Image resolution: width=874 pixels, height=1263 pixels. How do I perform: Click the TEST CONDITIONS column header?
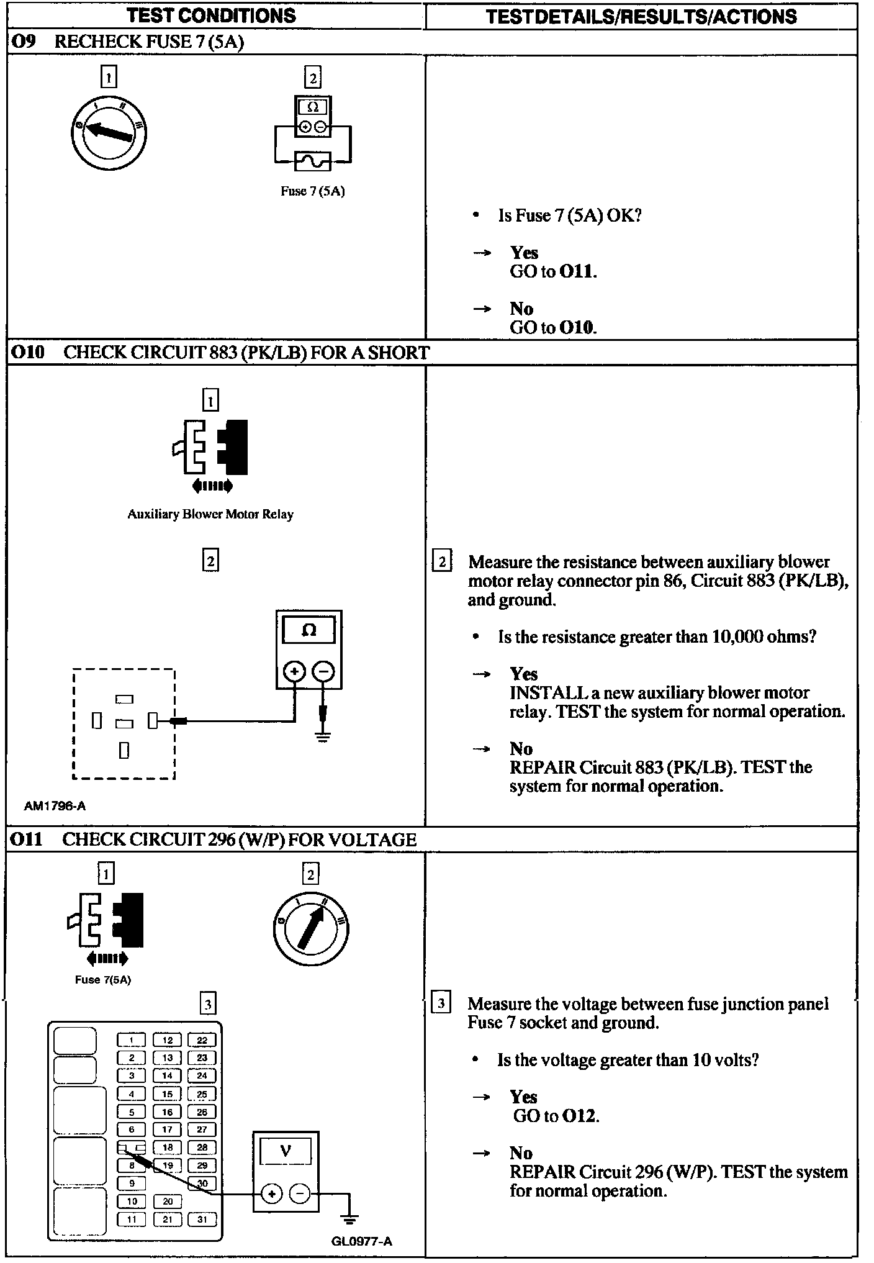point(212,16)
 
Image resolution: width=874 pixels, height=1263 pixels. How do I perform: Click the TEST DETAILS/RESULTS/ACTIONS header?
point(641,16)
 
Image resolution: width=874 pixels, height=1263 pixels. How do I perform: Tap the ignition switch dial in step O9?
point(109,132)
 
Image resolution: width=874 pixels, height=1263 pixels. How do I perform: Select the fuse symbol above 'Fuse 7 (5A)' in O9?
point(313,161)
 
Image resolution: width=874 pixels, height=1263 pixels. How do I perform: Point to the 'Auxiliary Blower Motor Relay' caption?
point(210,514)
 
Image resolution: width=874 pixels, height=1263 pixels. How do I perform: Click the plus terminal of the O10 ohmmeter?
point(294,671)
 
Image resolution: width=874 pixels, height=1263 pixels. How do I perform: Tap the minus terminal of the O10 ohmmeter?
point(323,671)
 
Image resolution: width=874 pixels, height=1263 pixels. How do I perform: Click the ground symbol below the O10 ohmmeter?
point(323,737)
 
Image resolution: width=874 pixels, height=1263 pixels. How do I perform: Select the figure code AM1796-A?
point(55,806)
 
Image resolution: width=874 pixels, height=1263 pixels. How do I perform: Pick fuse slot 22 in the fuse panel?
point(202,1040)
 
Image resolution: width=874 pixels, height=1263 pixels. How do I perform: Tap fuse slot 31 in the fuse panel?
point(202,1220)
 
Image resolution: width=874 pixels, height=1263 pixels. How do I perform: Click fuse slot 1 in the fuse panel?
point(132,1040)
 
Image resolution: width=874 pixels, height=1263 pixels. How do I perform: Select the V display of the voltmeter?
point(286,1152)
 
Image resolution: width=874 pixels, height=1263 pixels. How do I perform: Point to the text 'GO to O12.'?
point(556,1116)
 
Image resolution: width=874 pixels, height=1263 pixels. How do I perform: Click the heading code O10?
point(28,353)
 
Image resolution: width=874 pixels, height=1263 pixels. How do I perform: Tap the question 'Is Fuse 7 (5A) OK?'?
point(569,215)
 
